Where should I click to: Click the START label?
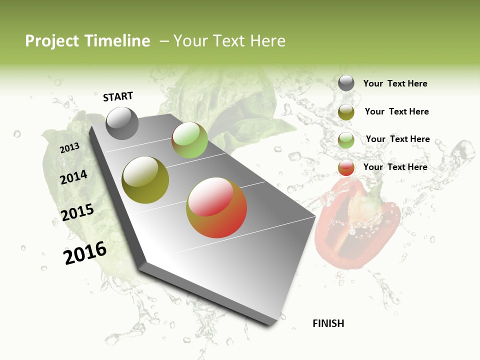coord(118,96)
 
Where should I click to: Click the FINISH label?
coord(328,323)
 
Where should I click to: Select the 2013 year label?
coord(69,148)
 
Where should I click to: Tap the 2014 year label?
coord(74,177)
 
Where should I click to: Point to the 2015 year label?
coord(77,212)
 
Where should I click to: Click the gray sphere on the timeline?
coord(122,123)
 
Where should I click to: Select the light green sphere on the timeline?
coord(189,140)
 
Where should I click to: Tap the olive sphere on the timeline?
coord(145,180)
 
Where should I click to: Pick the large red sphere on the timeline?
coord(216,207)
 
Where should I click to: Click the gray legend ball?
coord(346,83)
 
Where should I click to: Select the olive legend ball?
coord(346,112)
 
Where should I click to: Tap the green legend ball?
coord(346,140)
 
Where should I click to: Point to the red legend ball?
coord(346,167)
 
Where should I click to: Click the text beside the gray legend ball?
coord(395,83)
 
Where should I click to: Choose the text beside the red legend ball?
coord(395,167)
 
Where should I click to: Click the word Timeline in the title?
coord(117,41)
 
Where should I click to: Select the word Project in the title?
coord(52,41)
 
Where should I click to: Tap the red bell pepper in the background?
coord(357,225)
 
